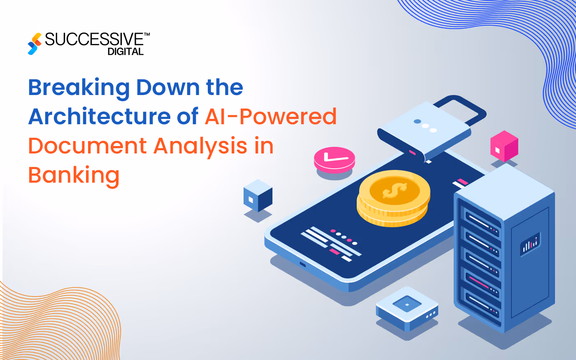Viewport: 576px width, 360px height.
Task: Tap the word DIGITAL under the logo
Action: pos(125,52)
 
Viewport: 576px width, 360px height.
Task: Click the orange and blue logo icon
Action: pos(35,44)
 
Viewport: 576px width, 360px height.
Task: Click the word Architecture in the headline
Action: pos(99,116)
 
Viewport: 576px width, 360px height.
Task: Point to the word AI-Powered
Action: pos(271,116)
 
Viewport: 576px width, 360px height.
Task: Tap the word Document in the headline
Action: pos(87,146)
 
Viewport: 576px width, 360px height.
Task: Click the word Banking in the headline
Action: pos(74,176)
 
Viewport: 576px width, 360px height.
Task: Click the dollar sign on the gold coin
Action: pos(394,190)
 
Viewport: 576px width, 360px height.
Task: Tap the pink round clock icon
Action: pos(334,159)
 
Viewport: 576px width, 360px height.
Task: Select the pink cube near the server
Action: pos(504,146)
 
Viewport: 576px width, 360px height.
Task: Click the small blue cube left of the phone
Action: pos(258,195)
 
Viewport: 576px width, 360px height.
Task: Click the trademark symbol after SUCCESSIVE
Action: pos(146,35)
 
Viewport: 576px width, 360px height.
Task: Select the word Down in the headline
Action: pos(168,88)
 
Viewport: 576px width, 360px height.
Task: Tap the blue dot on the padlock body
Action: pos(417,122)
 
